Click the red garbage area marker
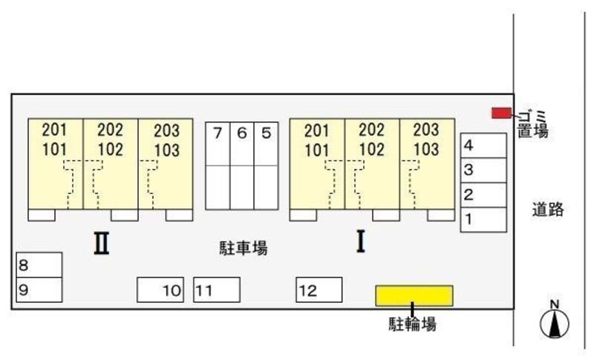[502, 113]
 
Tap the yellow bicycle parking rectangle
[414, 295]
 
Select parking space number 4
[483, 145]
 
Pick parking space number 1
[483, 220]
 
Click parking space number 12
[319, 290]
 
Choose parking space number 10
[160, 290]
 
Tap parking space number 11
[217, 290]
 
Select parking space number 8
[39, 265]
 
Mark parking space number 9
[39, 290]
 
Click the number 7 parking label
[218, 134]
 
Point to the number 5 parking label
[267, 134]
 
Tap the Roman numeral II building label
[102, 243]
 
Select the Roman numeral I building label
[361, 241]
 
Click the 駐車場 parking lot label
[244, 248]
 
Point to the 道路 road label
[548, 209]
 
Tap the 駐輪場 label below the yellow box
[413, 324]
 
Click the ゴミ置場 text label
[533, 124]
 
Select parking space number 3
[483, 170]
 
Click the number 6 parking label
[242, 134]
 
